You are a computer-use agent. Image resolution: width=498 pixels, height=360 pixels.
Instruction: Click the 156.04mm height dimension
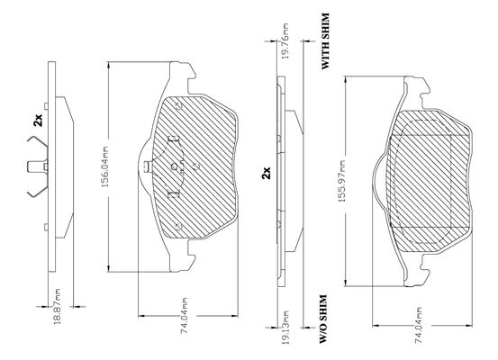[x=105, y=166]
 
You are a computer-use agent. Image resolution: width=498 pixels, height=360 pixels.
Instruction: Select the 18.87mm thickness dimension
[x=58, y=306]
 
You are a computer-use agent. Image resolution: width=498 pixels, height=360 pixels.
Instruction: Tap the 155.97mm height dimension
[x=341, y=182]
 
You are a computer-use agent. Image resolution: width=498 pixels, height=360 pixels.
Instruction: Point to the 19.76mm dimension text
[x=285, y=41]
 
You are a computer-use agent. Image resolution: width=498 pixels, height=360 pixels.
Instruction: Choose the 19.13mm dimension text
[x=285, y=328]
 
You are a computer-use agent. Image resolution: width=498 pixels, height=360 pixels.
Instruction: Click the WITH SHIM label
[x=325, y=41]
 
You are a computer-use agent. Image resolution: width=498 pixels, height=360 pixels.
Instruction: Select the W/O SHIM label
[x=323, y=319]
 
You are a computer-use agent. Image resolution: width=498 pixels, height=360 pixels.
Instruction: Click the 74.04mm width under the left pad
[x=185, y=316]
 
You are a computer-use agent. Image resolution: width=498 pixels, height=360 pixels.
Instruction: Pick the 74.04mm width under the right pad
[x=419, y=325]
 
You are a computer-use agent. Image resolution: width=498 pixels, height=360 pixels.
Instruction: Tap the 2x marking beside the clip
[x=38, y=121]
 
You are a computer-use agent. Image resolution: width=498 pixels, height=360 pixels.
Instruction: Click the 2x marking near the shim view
[x=266, y=173]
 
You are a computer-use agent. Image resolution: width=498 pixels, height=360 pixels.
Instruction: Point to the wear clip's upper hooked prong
[x=37, y=141]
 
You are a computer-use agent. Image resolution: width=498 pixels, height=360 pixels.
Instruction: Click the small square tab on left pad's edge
[x=147, y=166]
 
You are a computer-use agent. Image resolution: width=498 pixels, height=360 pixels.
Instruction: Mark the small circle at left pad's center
[x=174, y=166]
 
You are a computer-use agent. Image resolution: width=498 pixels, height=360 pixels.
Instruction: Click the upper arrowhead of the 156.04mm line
[x=109, y=66]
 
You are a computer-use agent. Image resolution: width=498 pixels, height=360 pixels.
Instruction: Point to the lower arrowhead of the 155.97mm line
[x=345, y=282]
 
